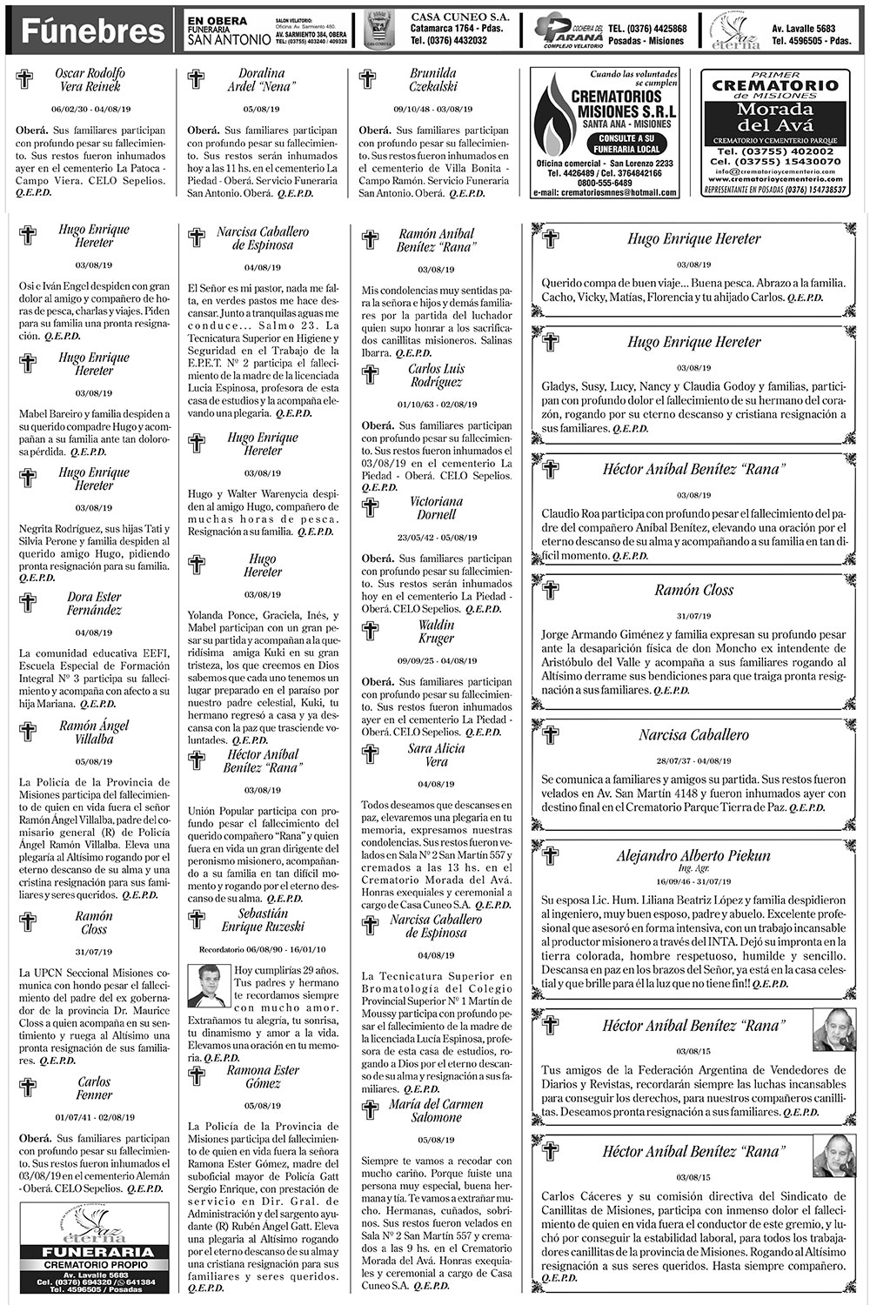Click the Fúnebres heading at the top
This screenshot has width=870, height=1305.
point(92,32)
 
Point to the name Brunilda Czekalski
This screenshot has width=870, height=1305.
point(432,80)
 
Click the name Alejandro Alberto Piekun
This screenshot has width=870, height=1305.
point(693,856)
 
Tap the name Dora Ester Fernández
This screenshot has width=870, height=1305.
point(94,604)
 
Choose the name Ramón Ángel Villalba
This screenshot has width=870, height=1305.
point(94,733)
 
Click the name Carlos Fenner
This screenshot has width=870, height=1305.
point(94,1088)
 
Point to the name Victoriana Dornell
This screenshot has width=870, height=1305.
point(436,508)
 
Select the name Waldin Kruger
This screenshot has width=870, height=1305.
point(436,632)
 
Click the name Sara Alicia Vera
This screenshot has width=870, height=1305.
point(436,755)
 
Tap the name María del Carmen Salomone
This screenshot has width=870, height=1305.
point(436,1111)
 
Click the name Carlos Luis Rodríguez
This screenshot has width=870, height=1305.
point(436,375)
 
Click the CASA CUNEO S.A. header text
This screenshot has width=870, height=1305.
point(449,17)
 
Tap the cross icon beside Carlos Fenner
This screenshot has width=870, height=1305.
point(28,1087)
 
